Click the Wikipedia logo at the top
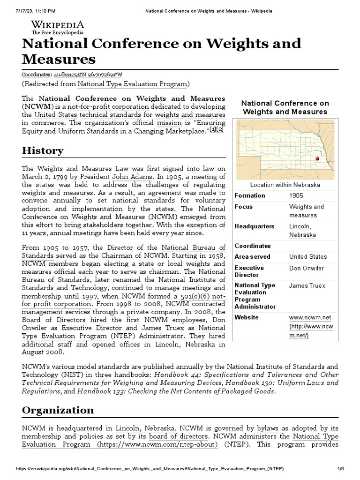57,27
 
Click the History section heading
43,151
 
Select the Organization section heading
58,410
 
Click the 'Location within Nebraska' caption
285,185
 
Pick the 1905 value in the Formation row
296,195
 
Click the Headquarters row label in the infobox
255,226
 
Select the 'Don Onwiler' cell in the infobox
306,269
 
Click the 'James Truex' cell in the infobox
307,285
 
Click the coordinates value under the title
89,75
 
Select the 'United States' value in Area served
308,256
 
